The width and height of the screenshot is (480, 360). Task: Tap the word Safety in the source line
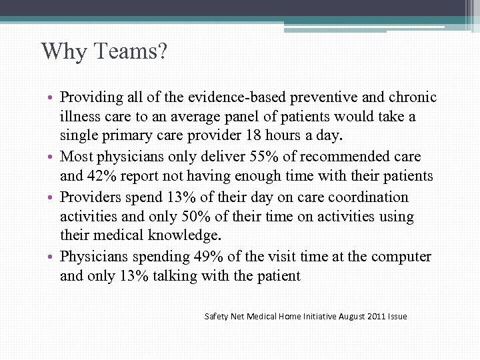[216, 316]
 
